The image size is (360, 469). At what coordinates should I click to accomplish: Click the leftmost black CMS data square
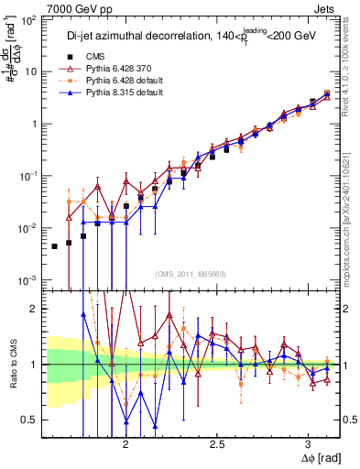pyautogui.click(x=54, y=245)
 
